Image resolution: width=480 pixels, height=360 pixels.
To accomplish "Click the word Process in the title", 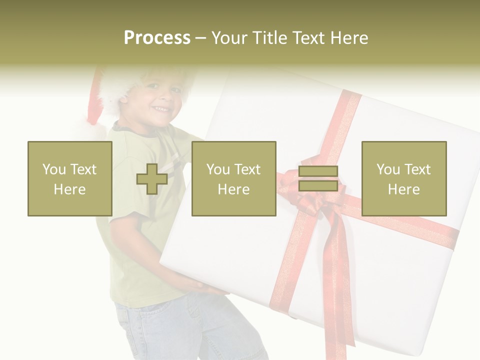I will [157, 38].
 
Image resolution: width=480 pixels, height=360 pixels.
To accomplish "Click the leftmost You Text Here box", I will [69, 178].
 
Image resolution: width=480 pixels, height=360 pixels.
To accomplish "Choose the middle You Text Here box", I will [233, 178].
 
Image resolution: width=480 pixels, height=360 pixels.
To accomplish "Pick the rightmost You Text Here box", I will [403, 178].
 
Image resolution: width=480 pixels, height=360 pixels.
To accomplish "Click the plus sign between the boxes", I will [152, 178].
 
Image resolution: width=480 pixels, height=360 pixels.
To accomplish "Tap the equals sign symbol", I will [318, 178].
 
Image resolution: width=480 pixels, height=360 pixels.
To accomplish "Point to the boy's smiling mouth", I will [161, 108].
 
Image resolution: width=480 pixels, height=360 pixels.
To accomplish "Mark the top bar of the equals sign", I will [318, 171].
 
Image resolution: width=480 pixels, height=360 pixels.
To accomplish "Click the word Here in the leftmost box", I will [69, 189].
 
